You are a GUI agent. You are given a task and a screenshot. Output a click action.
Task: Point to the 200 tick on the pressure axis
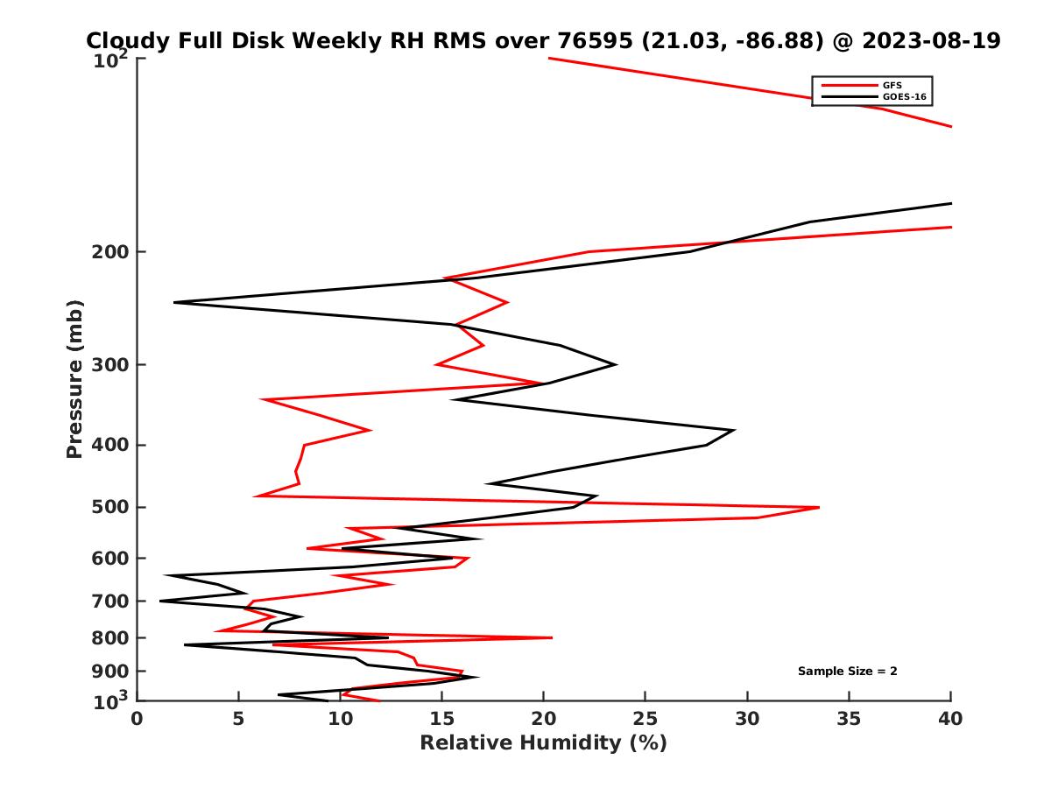(x=111, y=252)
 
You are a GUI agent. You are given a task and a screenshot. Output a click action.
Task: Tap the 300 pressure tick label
(x=111, y=365)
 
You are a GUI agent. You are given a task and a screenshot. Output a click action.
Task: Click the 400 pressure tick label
(x=111, y=445)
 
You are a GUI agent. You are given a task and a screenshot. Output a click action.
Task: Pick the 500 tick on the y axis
(x=111, y=507)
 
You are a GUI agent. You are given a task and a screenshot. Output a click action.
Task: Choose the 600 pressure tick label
(x=111, y=558)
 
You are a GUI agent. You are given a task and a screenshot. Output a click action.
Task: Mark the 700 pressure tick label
(x=111, y=601)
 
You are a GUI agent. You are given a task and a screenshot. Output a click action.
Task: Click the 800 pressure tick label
(x=111, y=637)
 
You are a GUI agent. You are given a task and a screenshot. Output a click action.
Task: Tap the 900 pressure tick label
(x=111, y=671)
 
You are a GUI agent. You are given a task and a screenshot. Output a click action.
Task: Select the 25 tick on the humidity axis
(x=645, y=719)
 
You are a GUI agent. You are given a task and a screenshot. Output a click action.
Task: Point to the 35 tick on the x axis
(x=849, y=719)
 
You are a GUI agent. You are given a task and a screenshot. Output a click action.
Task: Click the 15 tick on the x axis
(x=442, y=719)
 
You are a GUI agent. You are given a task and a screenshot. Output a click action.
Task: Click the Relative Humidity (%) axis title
(x=543, y=743)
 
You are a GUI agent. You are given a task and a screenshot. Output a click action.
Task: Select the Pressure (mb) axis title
(x=74, y=378)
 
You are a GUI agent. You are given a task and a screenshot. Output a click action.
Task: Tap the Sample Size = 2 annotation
(x=847, y=672)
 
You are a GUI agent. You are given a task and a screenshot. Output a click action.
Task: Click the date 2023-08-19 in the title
(x=931, y=41)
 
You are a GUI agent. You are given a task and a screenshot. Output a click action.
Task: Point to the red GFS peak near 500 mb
(x=819, y=507)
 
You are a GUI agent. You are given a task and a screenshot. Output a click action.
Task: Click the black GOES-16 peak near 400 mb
(x=734, y=430)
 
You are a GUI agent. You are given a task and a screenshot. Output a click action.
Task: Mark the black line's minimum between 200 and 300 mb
(x=174, y=302)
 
